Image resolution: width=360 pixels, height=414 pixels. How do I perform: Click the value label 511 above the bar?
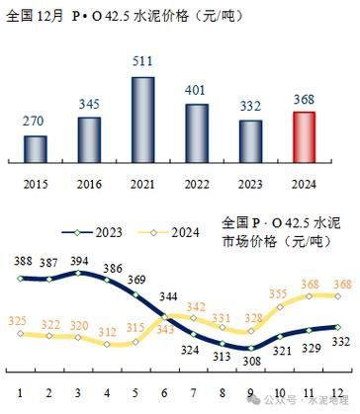[143, 61]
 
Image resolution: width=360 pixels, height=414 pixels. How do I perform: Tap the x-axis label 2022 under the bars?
[197, 184]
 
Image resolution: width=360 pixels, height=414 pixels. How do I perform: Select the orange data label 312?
[105, 332]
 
